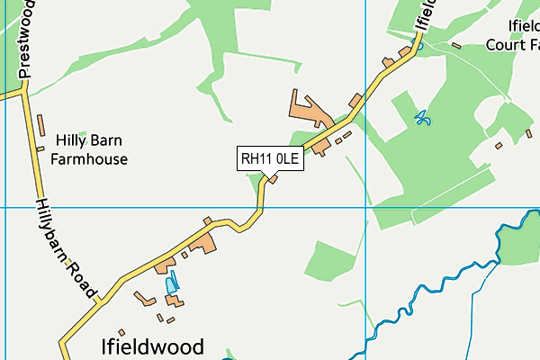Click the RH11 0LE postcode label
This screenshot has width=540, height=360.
point(270,159)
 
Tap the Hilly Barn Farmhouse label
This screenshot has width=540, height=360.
point(89,150)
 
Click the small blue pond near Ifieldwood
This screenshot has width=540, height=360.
point(171,284)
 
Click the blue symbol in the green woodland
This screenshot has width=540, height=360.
point(421,117)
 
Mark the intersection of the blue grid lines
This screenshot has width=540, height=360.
point(366,207)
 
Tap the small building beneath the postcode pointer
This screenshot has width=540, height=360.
point(273,177)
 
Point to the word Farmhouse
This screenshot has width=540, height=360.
point(89,159)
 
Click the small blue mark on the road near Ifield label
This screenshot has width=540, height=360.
point(416,41)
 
